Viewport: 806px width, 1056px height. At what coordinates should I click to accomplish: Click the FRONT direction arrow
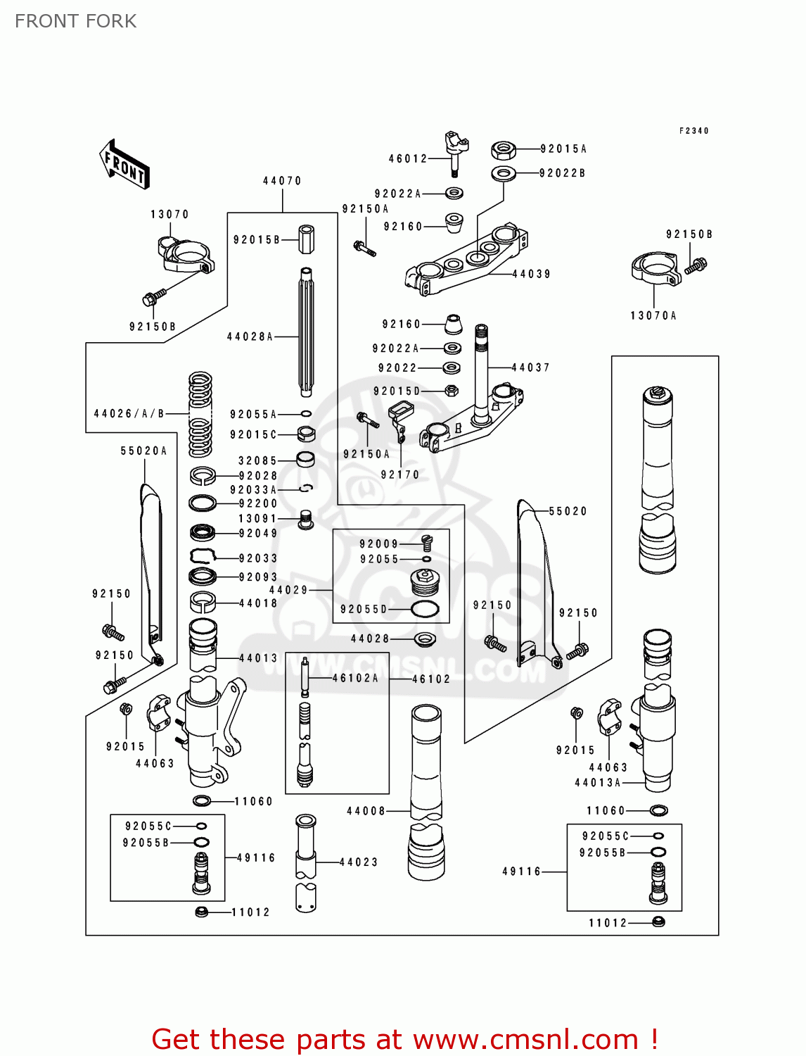tap(124, 164)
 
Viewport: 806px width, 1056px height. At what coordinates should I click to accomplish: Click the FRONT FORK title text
tap(75, 21)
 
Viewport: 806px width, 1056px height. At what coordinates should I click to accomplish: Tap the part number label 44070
tap(282, 181)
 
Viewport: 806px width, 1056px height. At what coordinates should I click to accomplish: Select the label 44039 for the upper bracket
tap(531, 274)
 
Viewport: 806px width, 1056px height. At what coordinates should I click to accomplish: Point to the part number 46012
tap(408, 159)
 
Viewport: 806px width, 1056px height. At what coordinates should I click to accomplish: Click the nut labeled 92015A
tap(503, 149)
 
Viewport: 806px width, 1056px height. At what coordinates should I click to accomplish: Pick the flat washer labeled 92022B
tap(503, 173)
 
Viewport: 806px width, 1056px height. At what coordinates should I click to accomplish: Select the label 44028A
tap(250, 337)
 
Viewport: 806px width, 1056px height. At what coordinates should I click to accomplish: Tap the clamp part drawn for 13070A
tap(655, 271)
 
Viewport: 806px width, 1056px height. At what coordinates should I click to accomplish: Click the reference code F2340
tap(693, 131)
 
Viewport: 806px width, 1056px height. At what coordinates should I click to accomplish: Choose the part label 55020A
tap(143, 451)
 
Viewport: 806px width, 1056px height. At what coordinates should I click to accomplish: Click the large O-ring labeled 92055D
tap(425, 609)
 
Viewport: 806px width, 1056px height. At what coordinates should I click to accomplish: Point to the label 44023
tap(359, 862)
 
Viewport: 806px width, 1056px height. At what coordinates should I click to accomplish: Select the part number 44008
tap(366, 811)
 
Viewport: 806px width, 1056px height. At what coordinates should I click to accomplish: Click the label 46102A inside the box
tap(355, 678)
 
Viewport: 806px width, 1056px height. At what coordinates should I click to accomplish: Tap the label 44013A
tap(598, 783)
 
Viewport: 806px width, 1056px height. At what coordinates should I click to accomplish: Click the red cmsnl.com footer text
tap(404, 1039)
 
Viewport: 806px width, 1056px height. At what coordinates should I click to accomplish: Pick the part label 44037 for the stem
tap(530, 367)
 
